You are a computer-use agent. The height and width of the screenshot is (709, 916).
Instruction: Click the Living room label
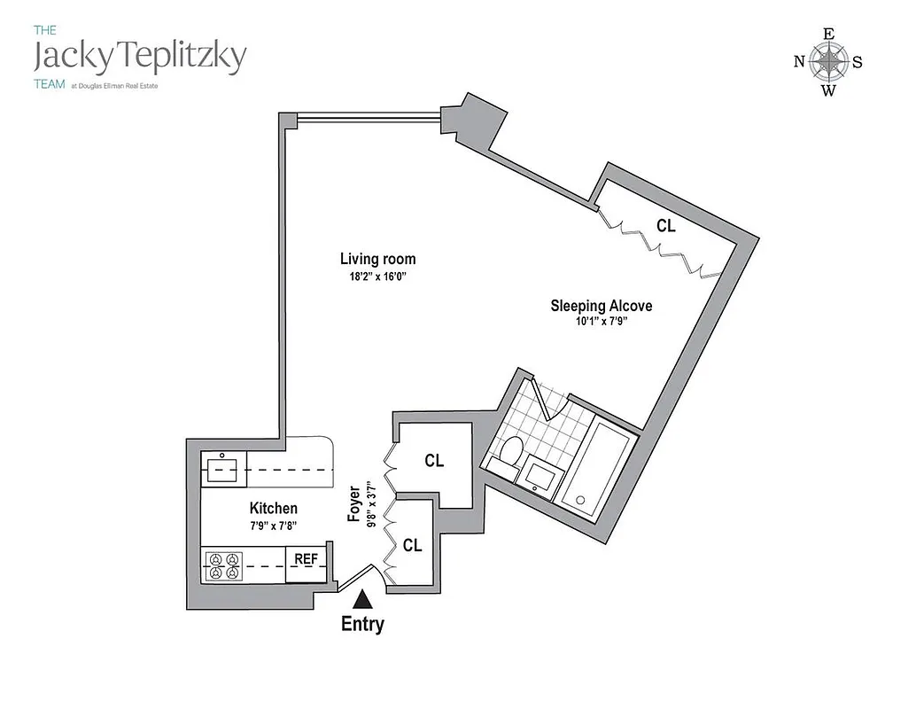coord(377,259)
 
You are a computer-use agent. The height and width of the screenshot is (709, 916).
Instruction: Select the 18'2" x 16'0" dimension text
coord(377,277)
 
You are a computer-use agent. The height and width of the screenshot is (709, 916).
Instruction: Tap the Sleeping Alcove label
coord(601,306)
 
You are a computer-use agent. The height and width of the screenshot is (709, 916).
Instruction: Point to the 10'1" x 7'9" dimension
coord(601,323)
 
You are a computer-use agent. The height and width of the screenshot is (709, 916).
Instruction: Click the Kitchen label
coord(273,508)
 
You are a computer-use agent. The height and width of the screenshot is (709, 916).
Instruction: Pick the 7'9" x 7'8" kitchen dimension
coord(273,526)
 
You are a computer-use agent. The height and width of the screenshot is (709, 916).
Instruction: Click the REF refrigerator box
coord(306,559)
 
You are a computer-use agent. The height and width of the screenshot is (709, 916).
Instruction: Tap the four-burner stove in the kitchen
coord(223,565)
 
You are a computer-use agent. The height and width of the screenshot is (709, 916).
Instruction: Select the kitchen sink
coord(220,467)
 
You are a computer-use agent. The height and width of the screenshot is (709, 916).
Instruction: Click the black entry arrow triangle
coord(362,601)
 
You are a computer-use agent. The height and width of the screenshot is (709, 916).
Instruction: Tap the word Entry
coord(362,624)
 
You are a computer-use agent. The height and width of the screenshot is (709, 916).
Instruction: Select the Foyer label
coord(354,503)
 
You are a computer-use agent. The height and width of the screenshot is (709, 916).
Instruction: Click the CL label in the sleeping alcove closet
coord(665,226)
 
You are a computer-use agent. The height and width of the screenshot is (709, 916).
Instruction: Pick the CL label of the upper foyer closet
coord(433,461)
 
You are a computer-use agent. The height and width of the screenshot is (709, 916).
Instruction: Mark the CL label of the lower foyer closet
coord(412,546)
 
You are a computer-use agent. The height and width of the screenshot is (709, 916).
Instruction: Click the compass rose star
coord(828,61)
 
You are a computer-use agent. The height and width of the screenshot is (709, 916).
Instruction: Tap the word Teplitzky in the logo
coord(182,58)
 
